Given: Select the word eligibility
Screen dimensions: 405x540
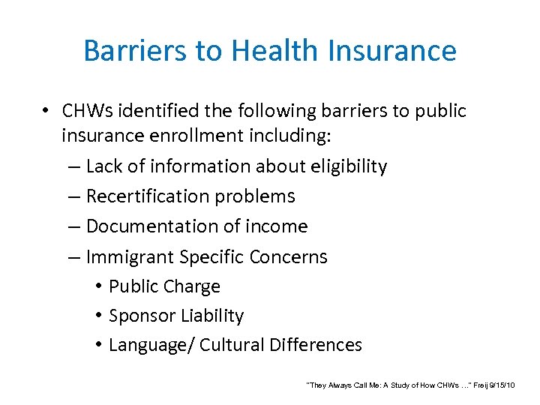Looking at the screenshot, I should [x=345, y=166].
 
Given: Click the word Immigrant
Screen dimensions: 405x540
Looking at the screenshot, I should [x=130, y=257].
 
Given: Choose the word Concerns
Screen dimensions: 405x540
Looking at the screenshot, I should [x=290, y=257].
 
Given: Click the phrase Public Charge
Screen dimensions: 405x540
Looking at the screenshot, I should [x=164, y=286].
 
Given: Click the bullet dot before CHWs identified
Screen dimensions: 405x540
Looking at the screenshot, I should [x=46, y=112].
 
